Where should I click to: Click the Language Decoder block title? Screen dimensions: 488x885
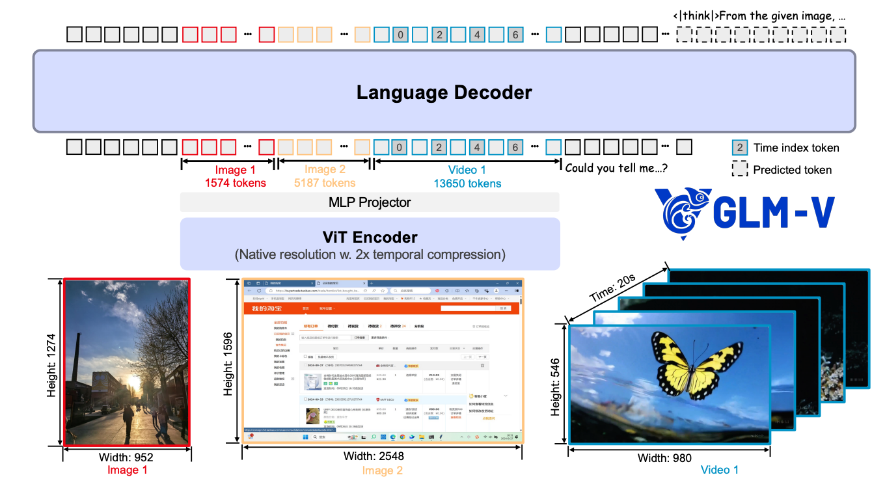444,92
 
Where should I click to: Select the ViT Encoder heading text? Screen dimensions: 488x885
370,237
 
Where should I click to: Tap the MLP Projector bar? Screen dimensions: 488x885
370,202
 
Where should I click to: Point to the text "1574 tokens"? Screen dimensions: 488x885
235,183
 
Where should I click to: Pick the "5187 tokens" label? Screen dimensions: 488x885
325,183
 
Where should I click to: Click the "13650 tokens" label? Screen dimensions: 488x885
467,183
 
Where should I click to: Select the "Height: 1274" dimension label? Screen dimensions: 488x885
52,365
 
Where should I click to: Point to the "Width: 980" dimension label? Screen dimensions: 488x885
664,457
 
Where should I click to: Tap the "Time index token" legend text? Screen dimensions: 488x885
796,148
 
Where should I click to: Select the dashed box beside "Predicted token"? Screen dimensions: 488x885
739,170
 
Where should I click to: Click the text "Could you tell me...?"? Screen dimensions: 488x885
616,168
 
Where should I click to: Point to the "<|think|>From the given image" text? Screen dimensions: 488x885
760,15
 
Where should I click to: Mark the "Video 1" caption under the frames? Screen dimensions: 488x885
719,470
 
